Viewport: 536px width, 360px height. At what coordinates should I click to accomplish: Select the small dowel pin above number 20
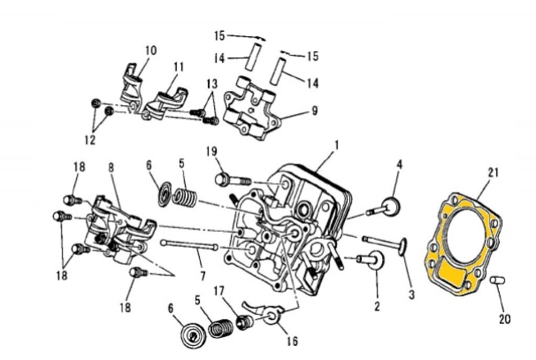497,280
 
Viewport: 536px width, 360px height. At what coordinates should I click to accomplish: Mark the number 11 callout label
178,67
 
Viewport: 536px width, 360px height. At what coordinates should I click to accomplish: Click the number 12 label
90,140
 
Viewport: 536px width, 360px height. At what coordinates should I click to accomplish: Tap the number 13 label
211,85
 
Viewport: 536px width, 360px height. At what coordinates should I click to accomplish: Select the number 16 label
292,342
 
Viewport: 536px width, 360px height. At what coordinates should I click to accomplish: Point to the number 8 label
110,168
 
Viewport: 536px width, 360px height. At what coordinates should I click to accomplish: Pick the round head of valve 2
376,258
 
